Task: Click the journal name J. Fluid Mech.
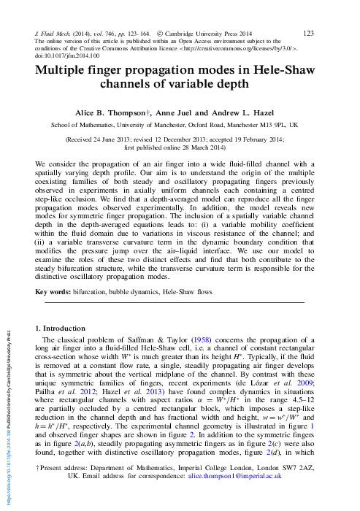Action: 55,34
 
